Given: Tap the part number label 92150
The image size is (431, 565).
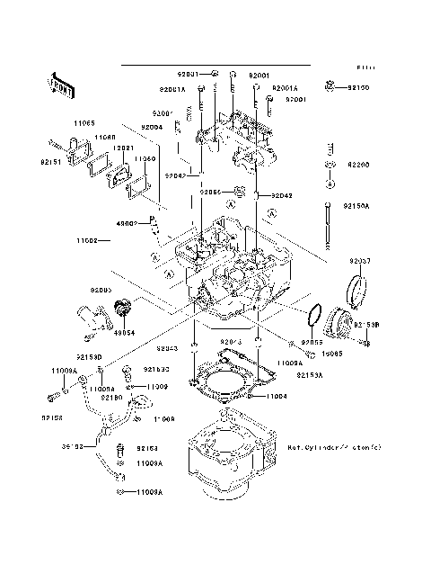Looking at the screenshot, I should pos(357,88).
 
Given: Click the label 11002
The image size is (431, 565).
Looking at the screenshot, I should pos(87,241).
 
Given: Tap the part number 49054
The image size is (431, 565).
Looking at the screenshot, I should pos(123,331).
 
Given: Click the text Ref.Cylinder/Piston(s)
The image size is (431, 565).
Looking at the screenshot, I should pos(334,446).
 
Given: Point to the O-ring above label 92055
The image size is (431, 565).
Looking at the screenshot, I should pos(314,318).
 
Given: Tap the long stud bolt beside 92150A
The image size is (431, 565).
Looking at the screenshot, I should pos(330,225).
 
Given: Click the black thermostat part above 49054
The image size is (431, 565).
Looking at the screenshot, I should pos(122,311).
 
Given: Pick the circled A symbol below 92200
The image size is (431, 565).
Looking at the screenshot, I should pos(330,184).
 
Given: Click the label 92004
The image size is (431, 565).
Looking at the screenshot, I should pos(151,128).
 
